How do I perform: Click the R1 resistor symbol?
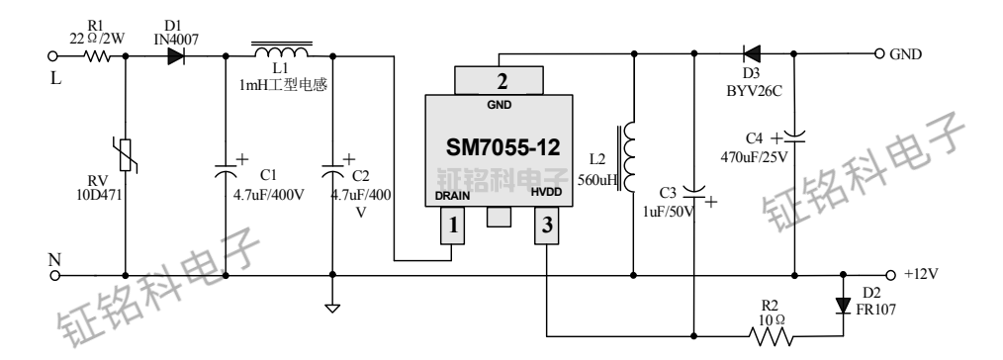pos(97,56)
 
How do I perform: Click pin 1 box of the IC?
pos(452,226)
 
